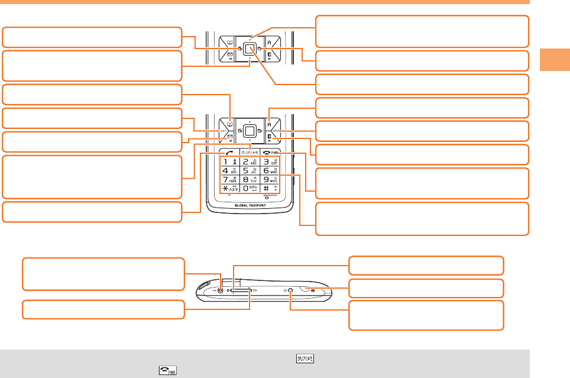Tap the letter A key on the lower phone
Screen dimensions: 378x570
[269, 124]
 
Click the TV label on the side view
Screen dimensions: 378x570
[254, 290]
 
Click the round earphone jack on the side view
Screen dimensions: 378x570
[221, 290]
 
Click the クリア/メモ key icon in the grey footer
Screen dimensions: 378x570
[306, 358]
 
